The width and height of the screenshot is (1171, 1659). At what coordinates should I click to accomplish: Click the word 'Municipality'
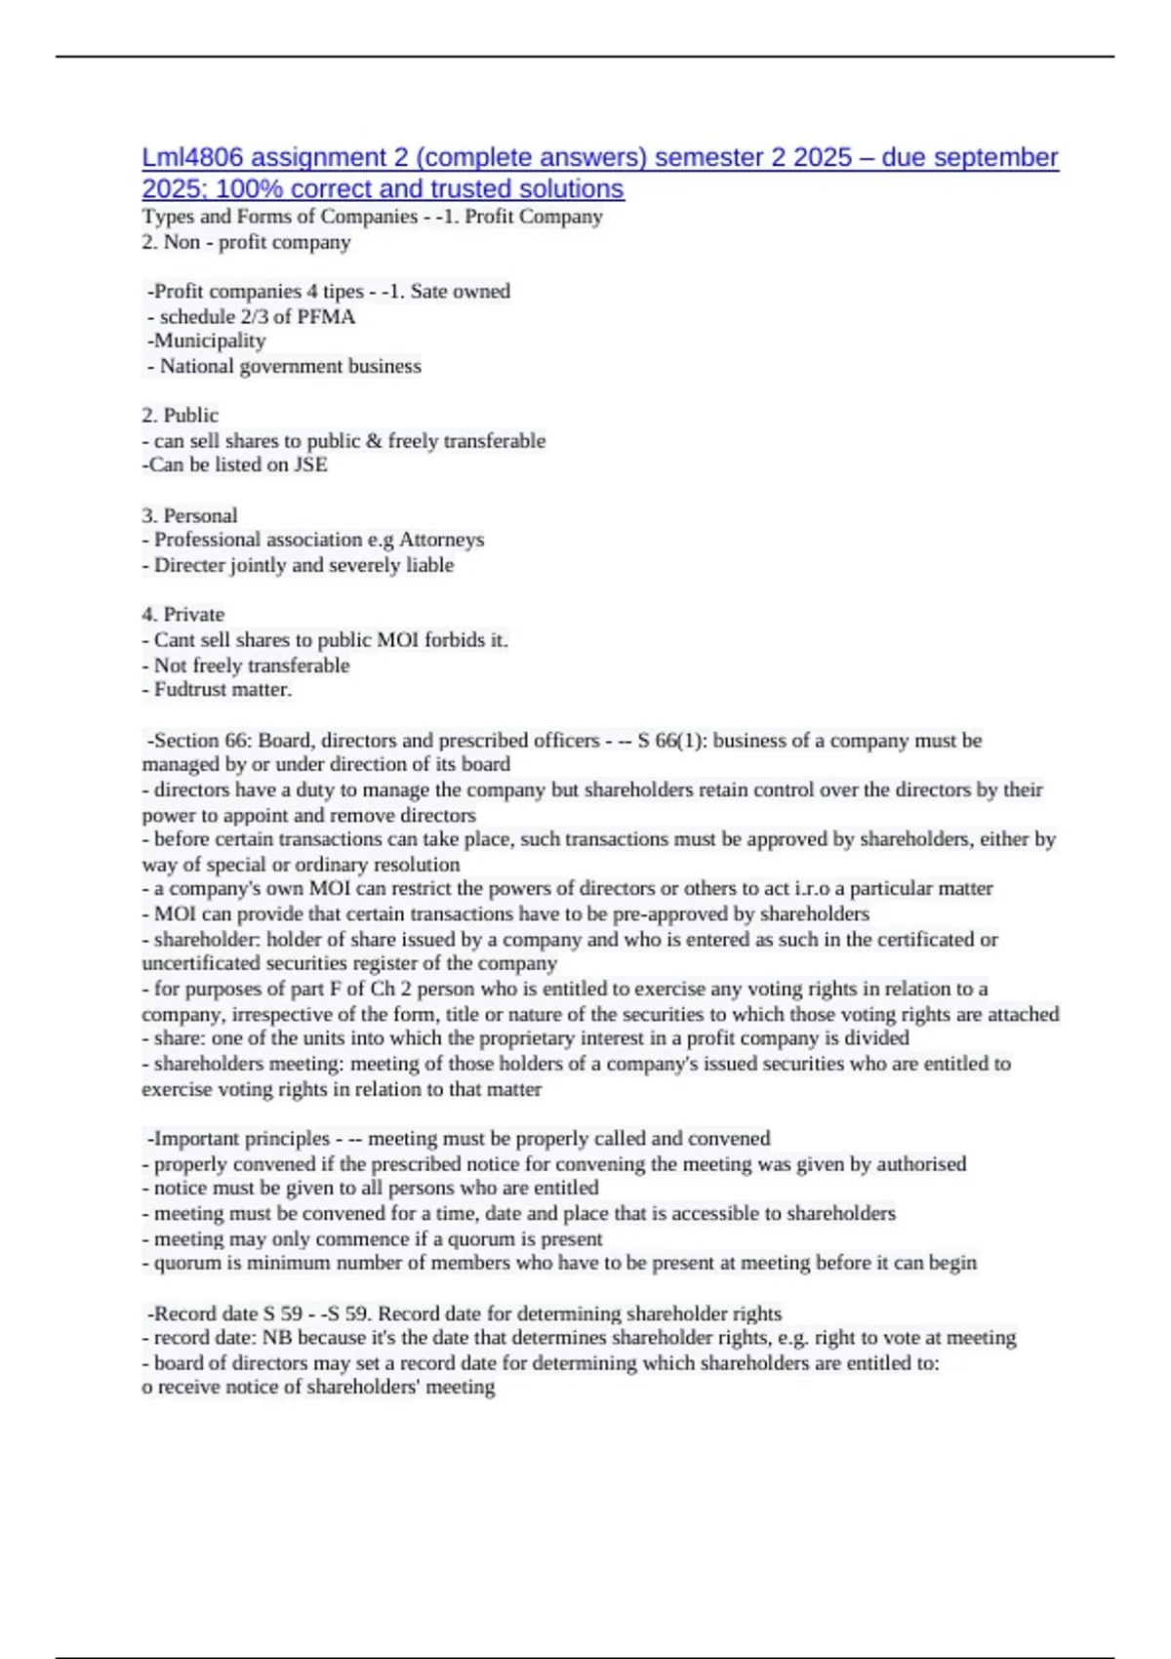coord(210,341)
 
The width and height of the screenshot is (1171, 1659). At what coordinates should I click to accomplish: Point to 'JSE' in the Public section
coord(311,465)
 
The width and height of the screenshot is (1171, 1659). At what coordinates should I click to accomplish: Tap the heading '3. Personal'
coord(189,515)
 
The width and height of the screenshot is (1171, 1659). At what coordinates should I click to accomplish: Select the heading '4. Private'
coord(183,614)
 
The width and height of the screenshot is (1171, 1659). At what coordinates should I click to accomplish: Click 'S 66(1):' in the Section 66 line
coord(671,740)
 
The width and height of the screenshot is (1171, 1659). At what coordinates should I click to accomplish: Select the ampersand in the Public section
coord(374,440)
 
